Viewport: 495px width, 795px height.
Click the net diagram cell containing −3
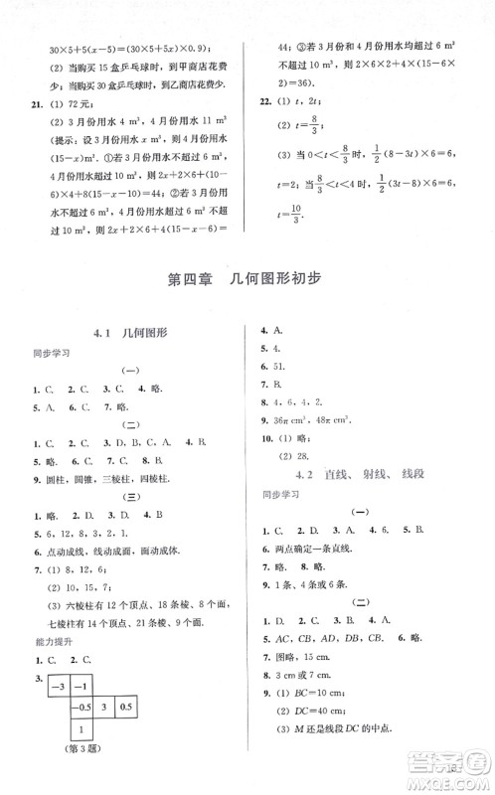(60, 687)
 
